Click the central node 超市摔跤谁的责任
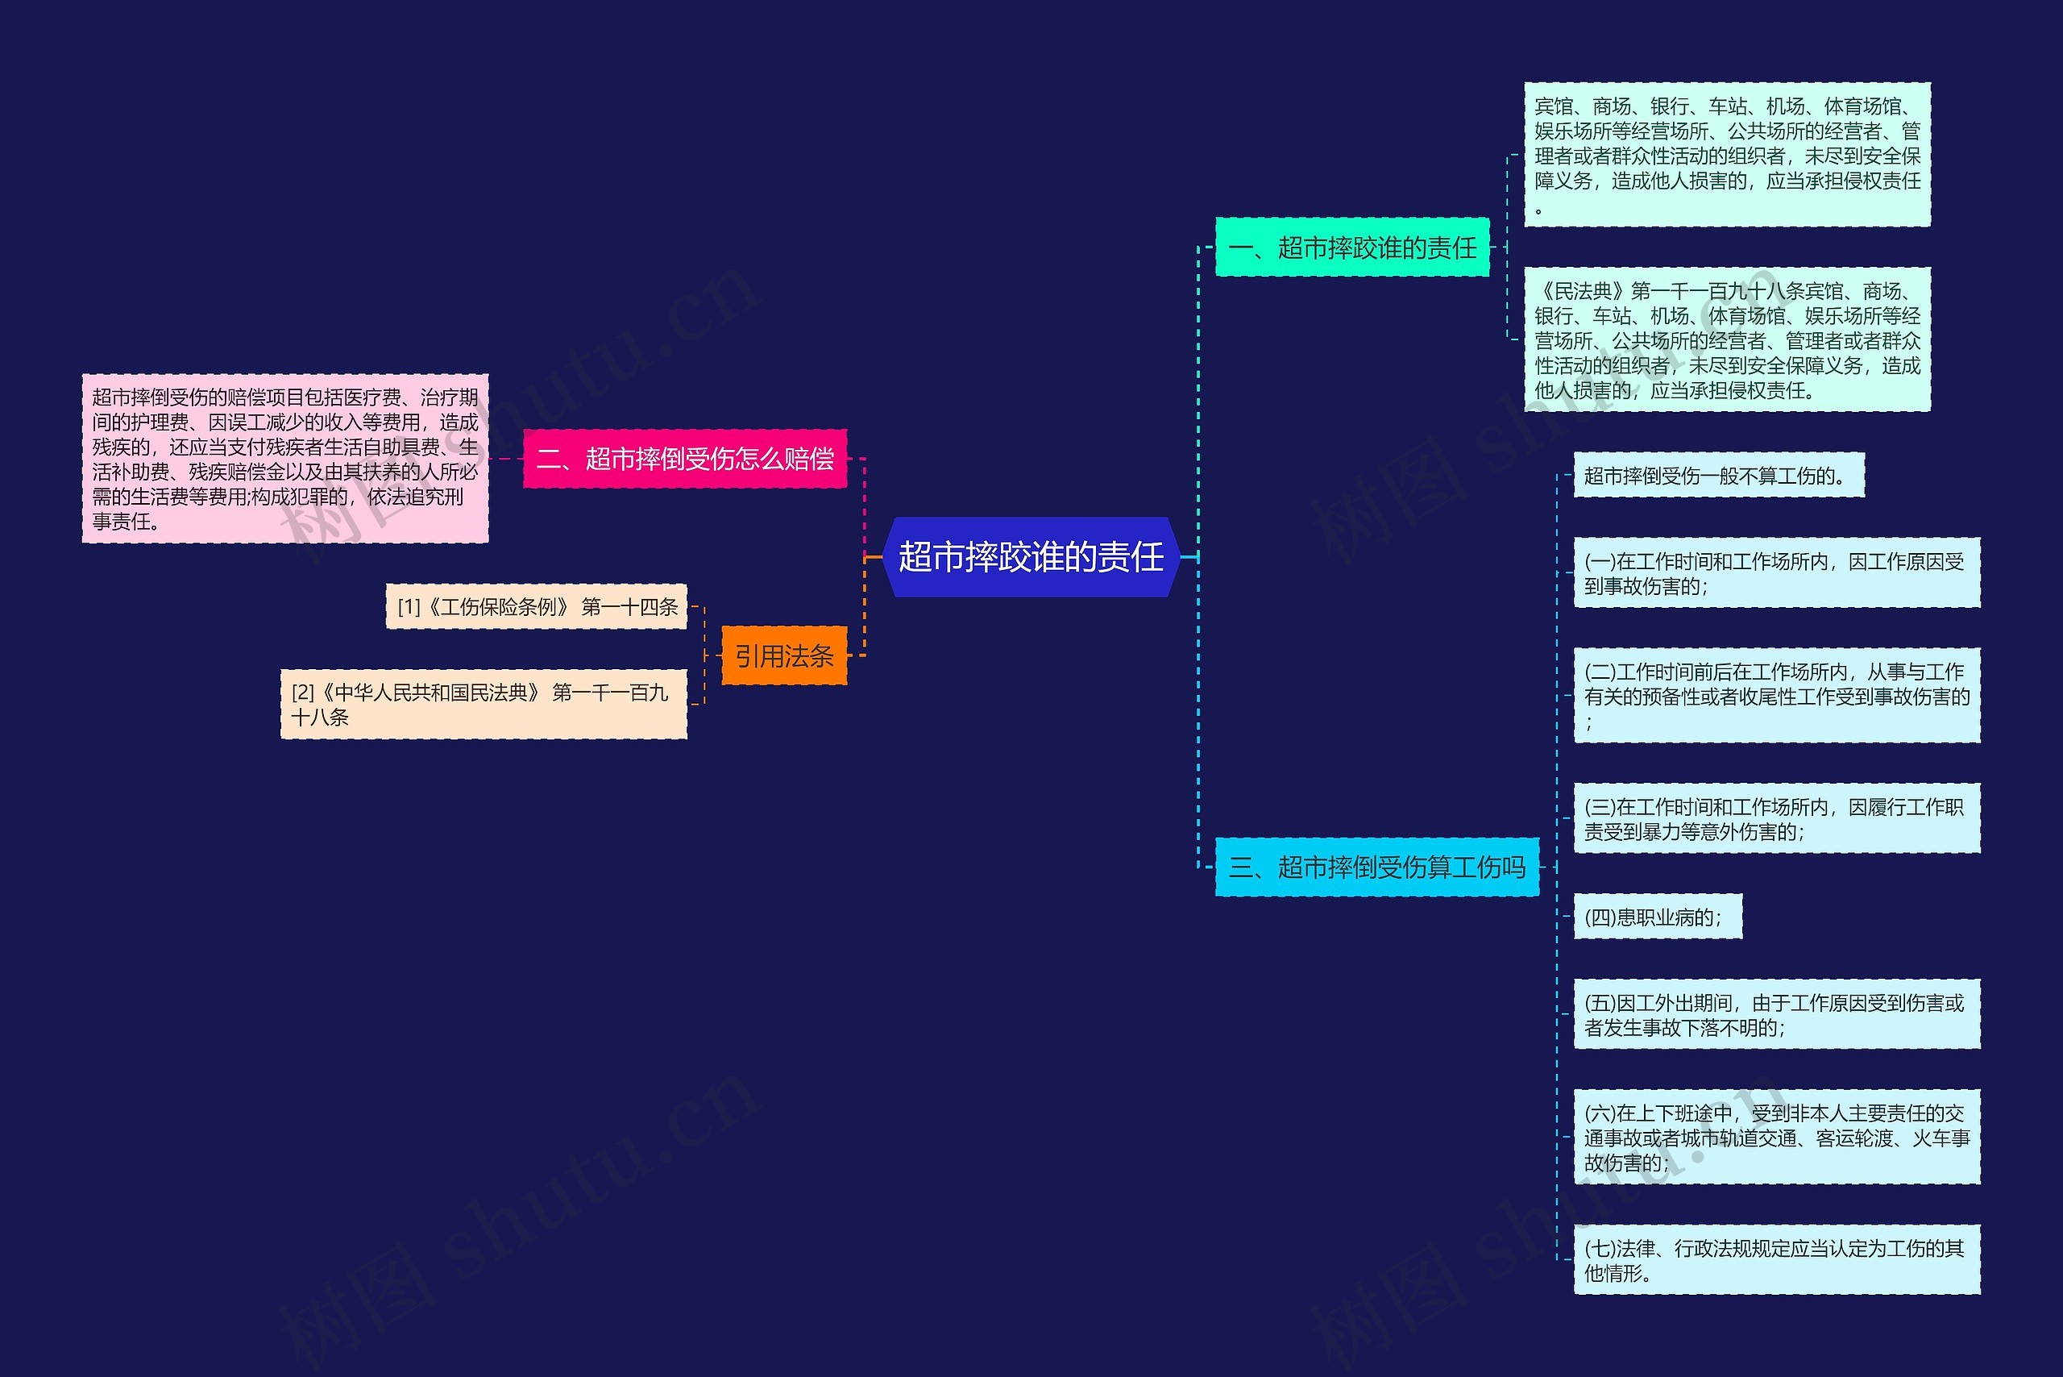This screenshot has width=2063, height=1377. (1031, 557)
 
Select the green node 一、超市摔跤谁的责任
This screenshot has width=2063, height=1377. (1352, 248)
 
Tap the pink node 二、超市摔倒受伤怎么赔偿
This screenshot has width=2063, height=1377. (685, 459)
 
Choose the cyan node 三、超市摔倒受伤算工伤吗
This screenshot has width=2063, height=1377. (1376, 867)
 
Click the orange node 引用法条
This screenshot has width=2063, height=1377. (784, 656)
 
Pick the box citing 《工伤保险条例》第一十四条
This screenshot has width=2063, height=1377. (537, 607)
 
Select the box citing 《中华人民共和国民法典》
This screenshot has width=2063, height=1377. (483, 705)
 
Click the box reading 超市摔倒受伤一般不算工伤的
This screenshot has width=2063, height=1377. (1718, 476)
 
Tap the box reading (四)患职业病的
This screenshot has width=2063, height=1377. (1657, 917)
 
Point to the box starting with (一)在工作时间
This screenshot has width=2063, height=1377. (1776, 573)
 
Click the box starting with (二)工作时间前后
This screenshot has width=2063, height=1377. (1776, 696)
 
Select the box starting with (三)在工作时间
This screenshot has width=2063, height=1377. (1776, 818)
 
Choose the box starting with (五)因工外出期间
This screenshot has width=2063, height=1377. (1776, 1014)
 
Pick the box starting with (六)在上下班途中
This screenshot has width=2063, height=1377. (1776, 1138)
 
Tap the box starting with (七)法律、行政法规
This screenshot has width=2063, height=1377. (1776, 1260)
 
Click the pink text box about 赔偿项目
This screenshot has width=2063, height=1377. (285, 459)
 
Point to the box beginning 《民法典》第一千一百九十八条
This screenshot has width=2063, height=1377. (1727, 340)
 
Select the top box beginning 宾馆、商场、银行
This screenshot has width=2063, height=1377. (1727, 156)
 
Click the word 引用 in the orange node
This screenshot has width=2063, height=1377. (760, 656)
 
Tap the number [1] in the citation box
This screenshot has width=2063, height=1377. (409, 607)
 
